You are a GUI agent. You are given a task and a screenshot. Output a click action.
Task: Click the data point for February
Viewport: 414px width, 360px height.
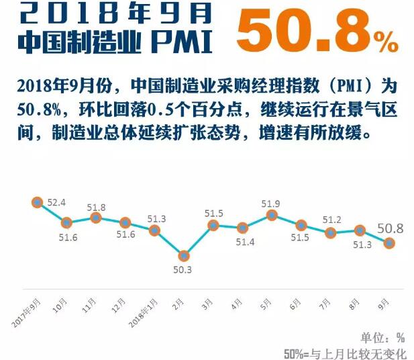pyautogui.click(x=184, y=255)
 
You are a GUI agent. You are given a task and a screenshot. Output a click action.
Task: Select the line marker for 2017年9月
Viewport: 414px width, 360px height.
pyautogui.click(x=37, y=202)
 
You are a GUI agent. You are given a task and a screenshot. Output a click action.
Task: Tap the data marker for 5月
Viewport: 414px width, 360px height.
pyautogui.click(x=272, y=215)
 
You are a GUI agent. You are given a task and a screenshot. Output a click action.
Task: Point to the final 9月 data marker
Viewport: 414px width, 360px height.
pyautogui.click(x=389, y=244)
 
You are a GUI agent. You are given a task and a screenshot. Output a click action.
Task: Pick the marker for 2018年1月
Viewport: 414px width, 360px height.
pyautogui.click(x=154, y=230)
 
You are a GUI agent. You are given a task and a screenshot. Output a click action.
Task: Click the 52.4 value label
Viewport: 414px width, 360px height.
pyautogui.click(x=56, y=202)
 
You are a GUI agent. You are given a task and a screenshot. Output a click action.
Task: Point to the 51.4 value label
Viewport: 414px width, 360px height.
pyautogui.click(x=242, y=242)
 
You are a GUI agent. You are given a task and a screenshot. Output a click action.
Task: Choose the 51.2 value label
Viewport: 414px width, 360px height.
pyautogui.click(x=331, y=219)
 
